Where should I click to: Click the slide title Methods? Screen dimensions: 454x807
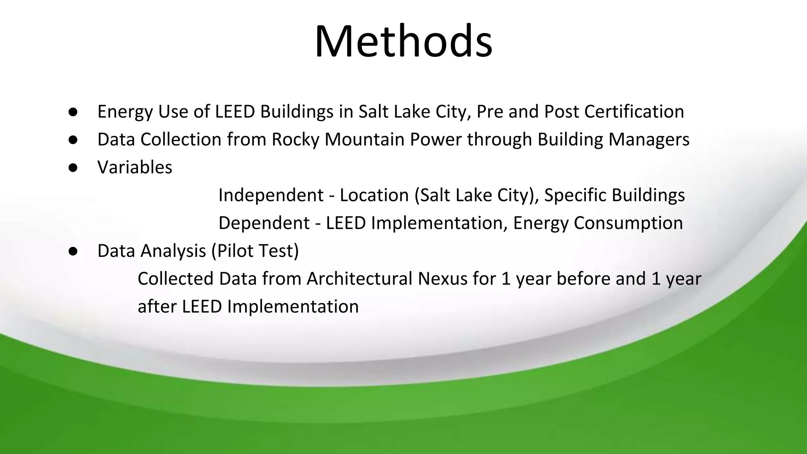coord(403,41)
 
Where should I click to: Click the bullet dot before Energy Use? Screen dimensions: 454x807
coord(73,112)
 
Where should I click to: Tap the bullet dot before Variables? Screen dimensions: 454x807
coord(73,168)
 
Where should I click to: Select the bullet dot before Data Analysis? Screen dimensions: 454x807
coord(73,251)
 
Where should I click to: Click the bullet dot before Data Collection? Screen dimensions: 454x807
coord(73,140)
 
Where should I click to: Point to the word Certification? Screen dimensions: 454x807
coord(634,112)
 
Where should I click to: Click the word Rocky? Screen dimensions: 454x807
coord(295,140)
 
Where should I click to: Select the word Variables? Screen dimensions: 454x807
coord(135,167)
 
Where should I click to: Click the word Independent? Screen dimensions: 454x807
coord(271,195)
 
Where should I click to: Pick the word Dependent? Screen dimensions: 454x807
coord(264,223)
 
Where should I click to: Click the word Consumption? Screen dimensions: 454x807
coord(628,223)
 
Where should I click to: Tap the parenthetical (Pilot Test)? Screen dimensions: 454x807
coord(255,251)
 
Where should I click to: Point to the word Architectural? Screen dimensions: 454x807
coord(359,279)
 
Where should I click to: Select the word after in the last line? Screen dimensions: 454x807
coord(157,307)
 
